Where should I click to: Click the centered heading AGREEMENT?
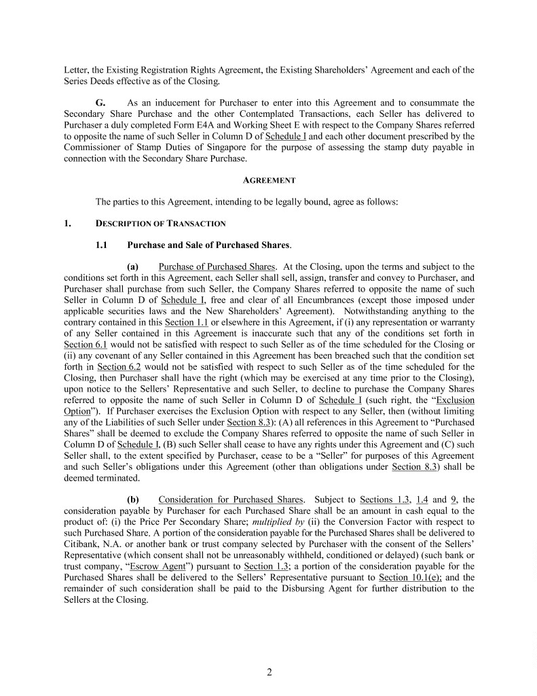tap(269, 181)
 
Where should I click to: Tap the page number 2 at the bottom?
tap(269, 673)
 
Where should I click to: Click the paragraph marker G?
tap(100, 102)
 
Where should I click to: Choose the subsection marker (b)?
tap(133, 500)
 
